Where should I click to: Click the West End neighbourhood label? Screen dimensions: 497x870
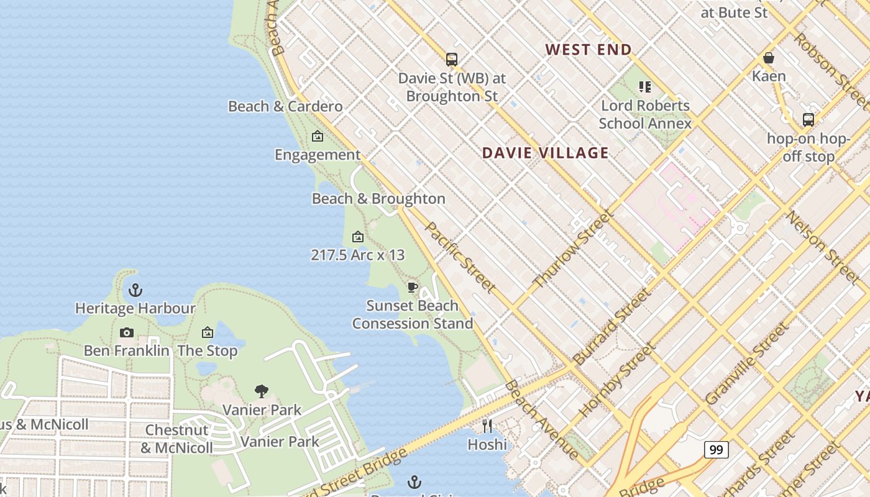[x=588, y=50]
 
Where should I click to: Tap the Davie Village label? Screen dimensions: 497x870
[x=545, y=153]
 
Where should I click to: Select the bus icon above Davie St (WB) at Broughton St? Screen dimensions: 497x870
[x=452, y=60]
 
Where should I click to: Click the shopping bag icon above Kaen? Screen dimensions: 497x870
[x=769, y=58]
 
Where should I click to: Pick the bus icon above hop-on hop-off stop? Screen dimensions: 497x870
[x=808, y=119]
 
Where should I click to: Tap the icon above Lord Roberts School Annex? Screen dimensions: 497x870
[x=645, y=87]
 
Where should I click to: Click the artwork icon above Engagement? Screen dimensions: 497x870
[x=318, y=136]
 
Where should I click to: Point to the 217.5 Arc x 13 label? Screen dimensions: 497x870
[x=357, y=255]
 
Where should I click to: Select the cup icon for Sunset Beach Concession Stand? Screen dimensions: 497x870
[x=412, y=286]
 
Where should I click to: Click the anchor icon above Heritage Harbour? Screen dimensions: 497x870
[x=135, y=290]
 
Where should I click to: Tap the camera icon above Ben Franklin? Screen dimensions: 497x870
[x=127, y=332]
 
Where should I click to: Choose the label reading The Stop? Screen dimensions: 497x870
[x=208, y=350]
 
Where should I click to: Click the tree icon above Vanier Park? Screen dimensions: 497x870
[x=262, y=391]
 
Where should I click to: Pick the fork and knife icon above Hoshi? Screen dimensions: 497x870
[x=487, y=426]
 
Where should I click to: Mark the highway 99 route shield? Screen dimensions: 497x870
[x=716, y=449]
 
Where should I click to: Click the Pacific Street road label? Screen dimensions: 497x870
[x=460, y=257]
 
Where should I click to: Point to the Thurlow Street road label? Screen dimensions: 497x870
[x=574, y=248]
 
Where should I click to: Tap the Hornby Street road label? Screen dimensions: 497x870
[x=616, y=380]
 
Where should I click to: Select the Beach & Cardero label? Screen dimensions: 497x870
[x=285, y=106]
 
